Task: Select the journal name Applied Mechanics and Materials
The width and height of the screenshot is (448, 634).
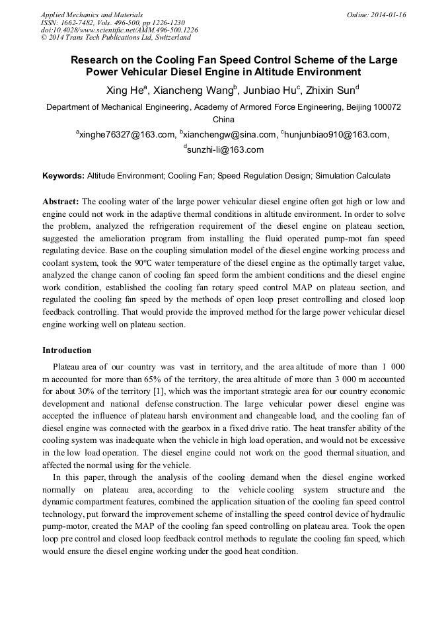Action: (x=91, y=15)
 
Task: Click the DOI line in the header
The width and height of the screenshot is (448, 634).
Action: (x=119, y=30)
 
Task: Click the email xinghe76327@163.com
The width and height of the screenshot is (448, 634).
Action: (x=126, y=135)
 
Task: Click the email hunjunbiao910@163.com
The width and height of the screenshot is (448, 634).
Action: (x=335, y=135)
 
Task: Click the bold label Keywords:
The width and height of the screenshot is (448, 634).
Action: (x=63, y=176)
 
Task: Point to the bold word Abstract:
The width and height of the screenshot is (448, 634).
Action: (x=61, y=201)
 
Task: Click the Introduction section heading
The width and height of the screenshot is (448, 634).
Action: (x=67, y=350)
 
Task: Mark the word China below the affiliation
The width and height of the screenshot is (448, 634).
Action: (x=223, y=120)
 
